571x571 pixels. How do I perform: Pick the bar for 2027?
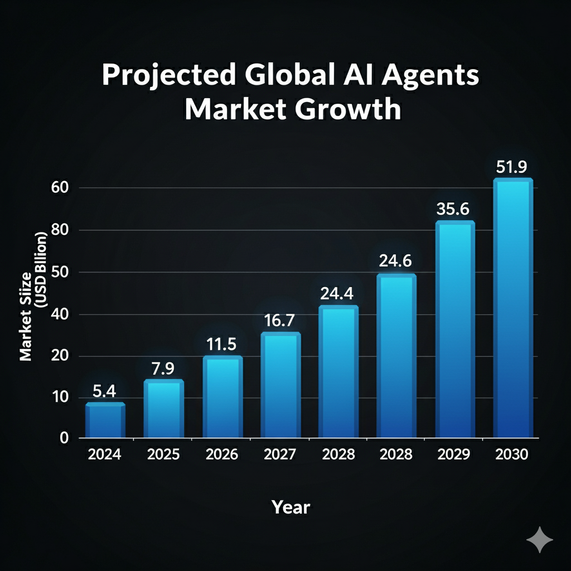[280, 385]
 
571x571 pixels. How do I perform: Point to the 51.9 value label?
[512, 167]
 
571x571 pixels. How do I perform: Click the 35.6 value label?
[454, 209]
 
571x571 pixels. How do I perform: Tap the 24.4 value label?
[338, 293]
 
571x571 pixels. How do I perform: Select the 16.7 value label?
[280, 321]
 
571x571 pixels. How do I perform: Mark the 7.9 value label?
[163, 369]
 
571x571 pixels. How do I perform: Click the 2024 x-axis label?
[104, 454]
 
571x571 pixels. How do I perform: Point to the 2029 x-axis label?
[454, 454]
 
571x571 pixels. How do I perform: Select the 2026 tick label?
[221, 454]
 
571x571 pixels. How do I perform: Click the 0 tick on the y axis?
[64, 438]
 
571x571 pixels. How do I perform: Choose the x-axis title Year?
[291, 507]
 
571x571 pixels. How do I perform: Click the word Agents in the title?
[424, 76]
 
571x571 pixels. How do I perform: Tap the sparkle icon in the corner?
[540, 540]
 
